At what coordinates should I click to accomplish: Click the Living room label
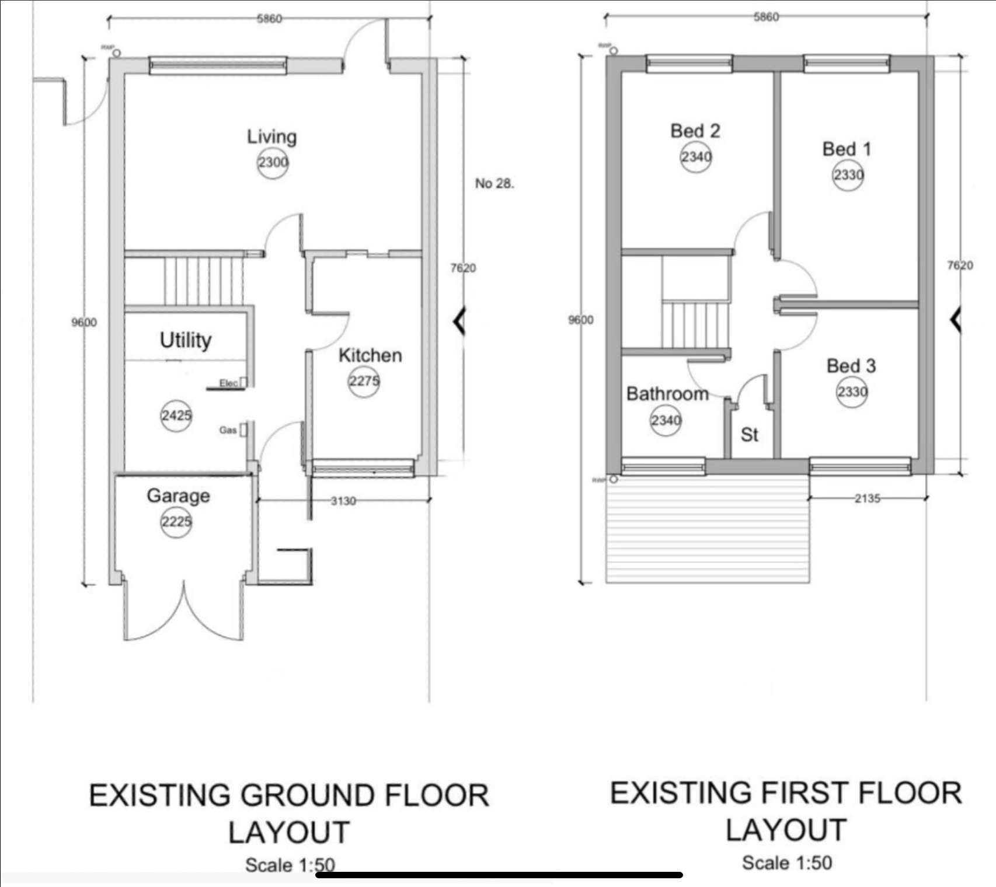(271, 137)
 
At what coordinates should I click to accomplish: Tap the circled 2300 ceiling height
(273, 162)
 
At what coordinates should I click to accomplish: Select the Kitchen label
(370, 355)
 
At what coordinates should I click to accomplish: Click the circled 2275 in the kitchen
(364, 382)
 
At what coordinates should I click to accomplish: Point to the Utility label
(186, 340)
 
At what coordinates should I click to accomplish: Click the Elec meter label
(228, 383)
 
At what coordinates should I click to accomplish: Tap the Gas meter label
(228, 430)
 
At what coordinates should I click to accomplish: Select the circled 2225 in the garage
(176, 522)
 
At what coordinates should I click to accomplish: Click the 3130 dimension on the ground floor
(343, 501)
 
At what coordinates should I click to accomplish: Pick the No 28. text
(494, 183)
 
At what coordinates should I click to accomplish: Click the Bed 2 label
(695, 131)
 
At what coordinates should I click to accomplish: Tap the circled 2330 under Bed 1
(848, 175)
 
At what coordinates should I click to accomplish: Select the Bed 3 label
(851, 366)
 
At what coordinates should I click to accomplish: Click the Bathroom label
(667, 394)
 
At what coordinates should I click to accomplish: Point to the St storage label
(749, 435)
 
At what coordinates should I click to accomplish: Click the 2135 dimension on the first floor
(867, 498)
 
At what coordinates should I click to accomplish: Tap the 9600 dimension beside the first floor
(581, 320)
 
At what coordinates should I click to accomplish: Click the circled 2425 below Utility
(176, 415)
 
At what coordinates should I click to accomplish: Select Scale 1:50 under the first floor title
(786, 862)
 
